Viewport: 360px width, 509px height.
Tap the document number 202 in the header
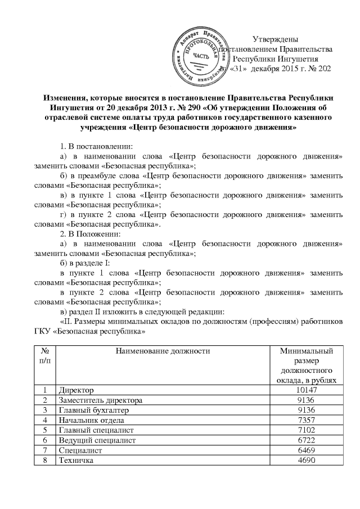[324, 69]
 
